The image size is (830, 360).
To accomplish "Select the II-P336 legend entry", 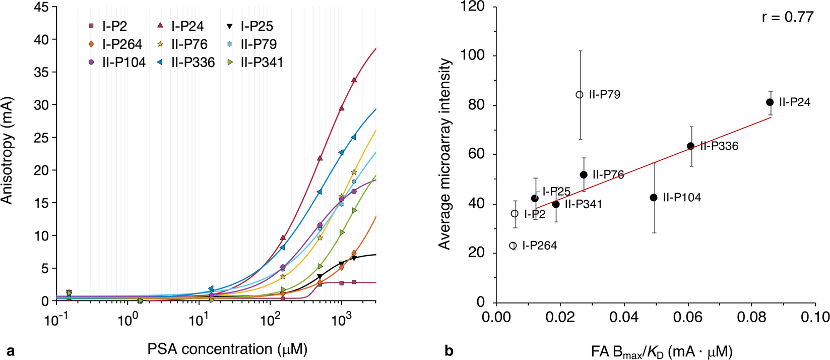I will pyautogui.click(x=187, y=63).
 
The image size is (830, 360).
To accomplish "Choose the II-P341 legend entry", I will pyautogui.click(x=256, y=63).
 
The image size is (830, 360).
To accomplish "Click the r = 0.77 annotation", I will pyautogui.click(x=787, y=17).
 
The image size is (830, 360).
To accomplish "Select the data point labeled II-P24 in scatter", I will pyautogui.click(x=770, y=102).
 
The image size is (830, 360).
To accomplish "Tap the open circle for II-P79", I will pyautogui.click(x=580, y=95).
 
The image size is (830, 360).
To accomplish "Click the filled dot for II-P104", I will pyautogui.click(x=654, y=198).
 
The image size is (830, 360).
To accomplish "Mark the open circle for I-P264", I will pyautogui.click(x=513, y=246).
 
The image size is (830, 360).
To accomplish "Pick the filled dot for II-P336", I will pyautogui.click(x=690, y=146).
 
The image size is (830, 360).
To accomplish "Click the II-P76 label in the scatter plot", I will pyautogui.click(x=608, y=175).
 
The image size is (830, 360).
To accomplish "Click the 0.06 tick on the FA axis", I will pyautogui.click(x=688, y=317).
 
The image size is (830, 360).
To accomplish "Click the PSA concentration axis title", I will pyautogui.click(x=227, y=349).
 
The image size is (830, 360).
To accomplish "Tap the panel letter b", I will pyautogui.click(x=449, y=350).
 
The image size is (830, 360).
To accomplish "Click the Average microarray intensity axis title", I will pyautogui.click(x=444, y=154).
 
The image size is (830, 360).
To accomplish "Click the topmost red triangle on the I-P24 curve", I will pyautogui.click(x=354, y=80).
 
